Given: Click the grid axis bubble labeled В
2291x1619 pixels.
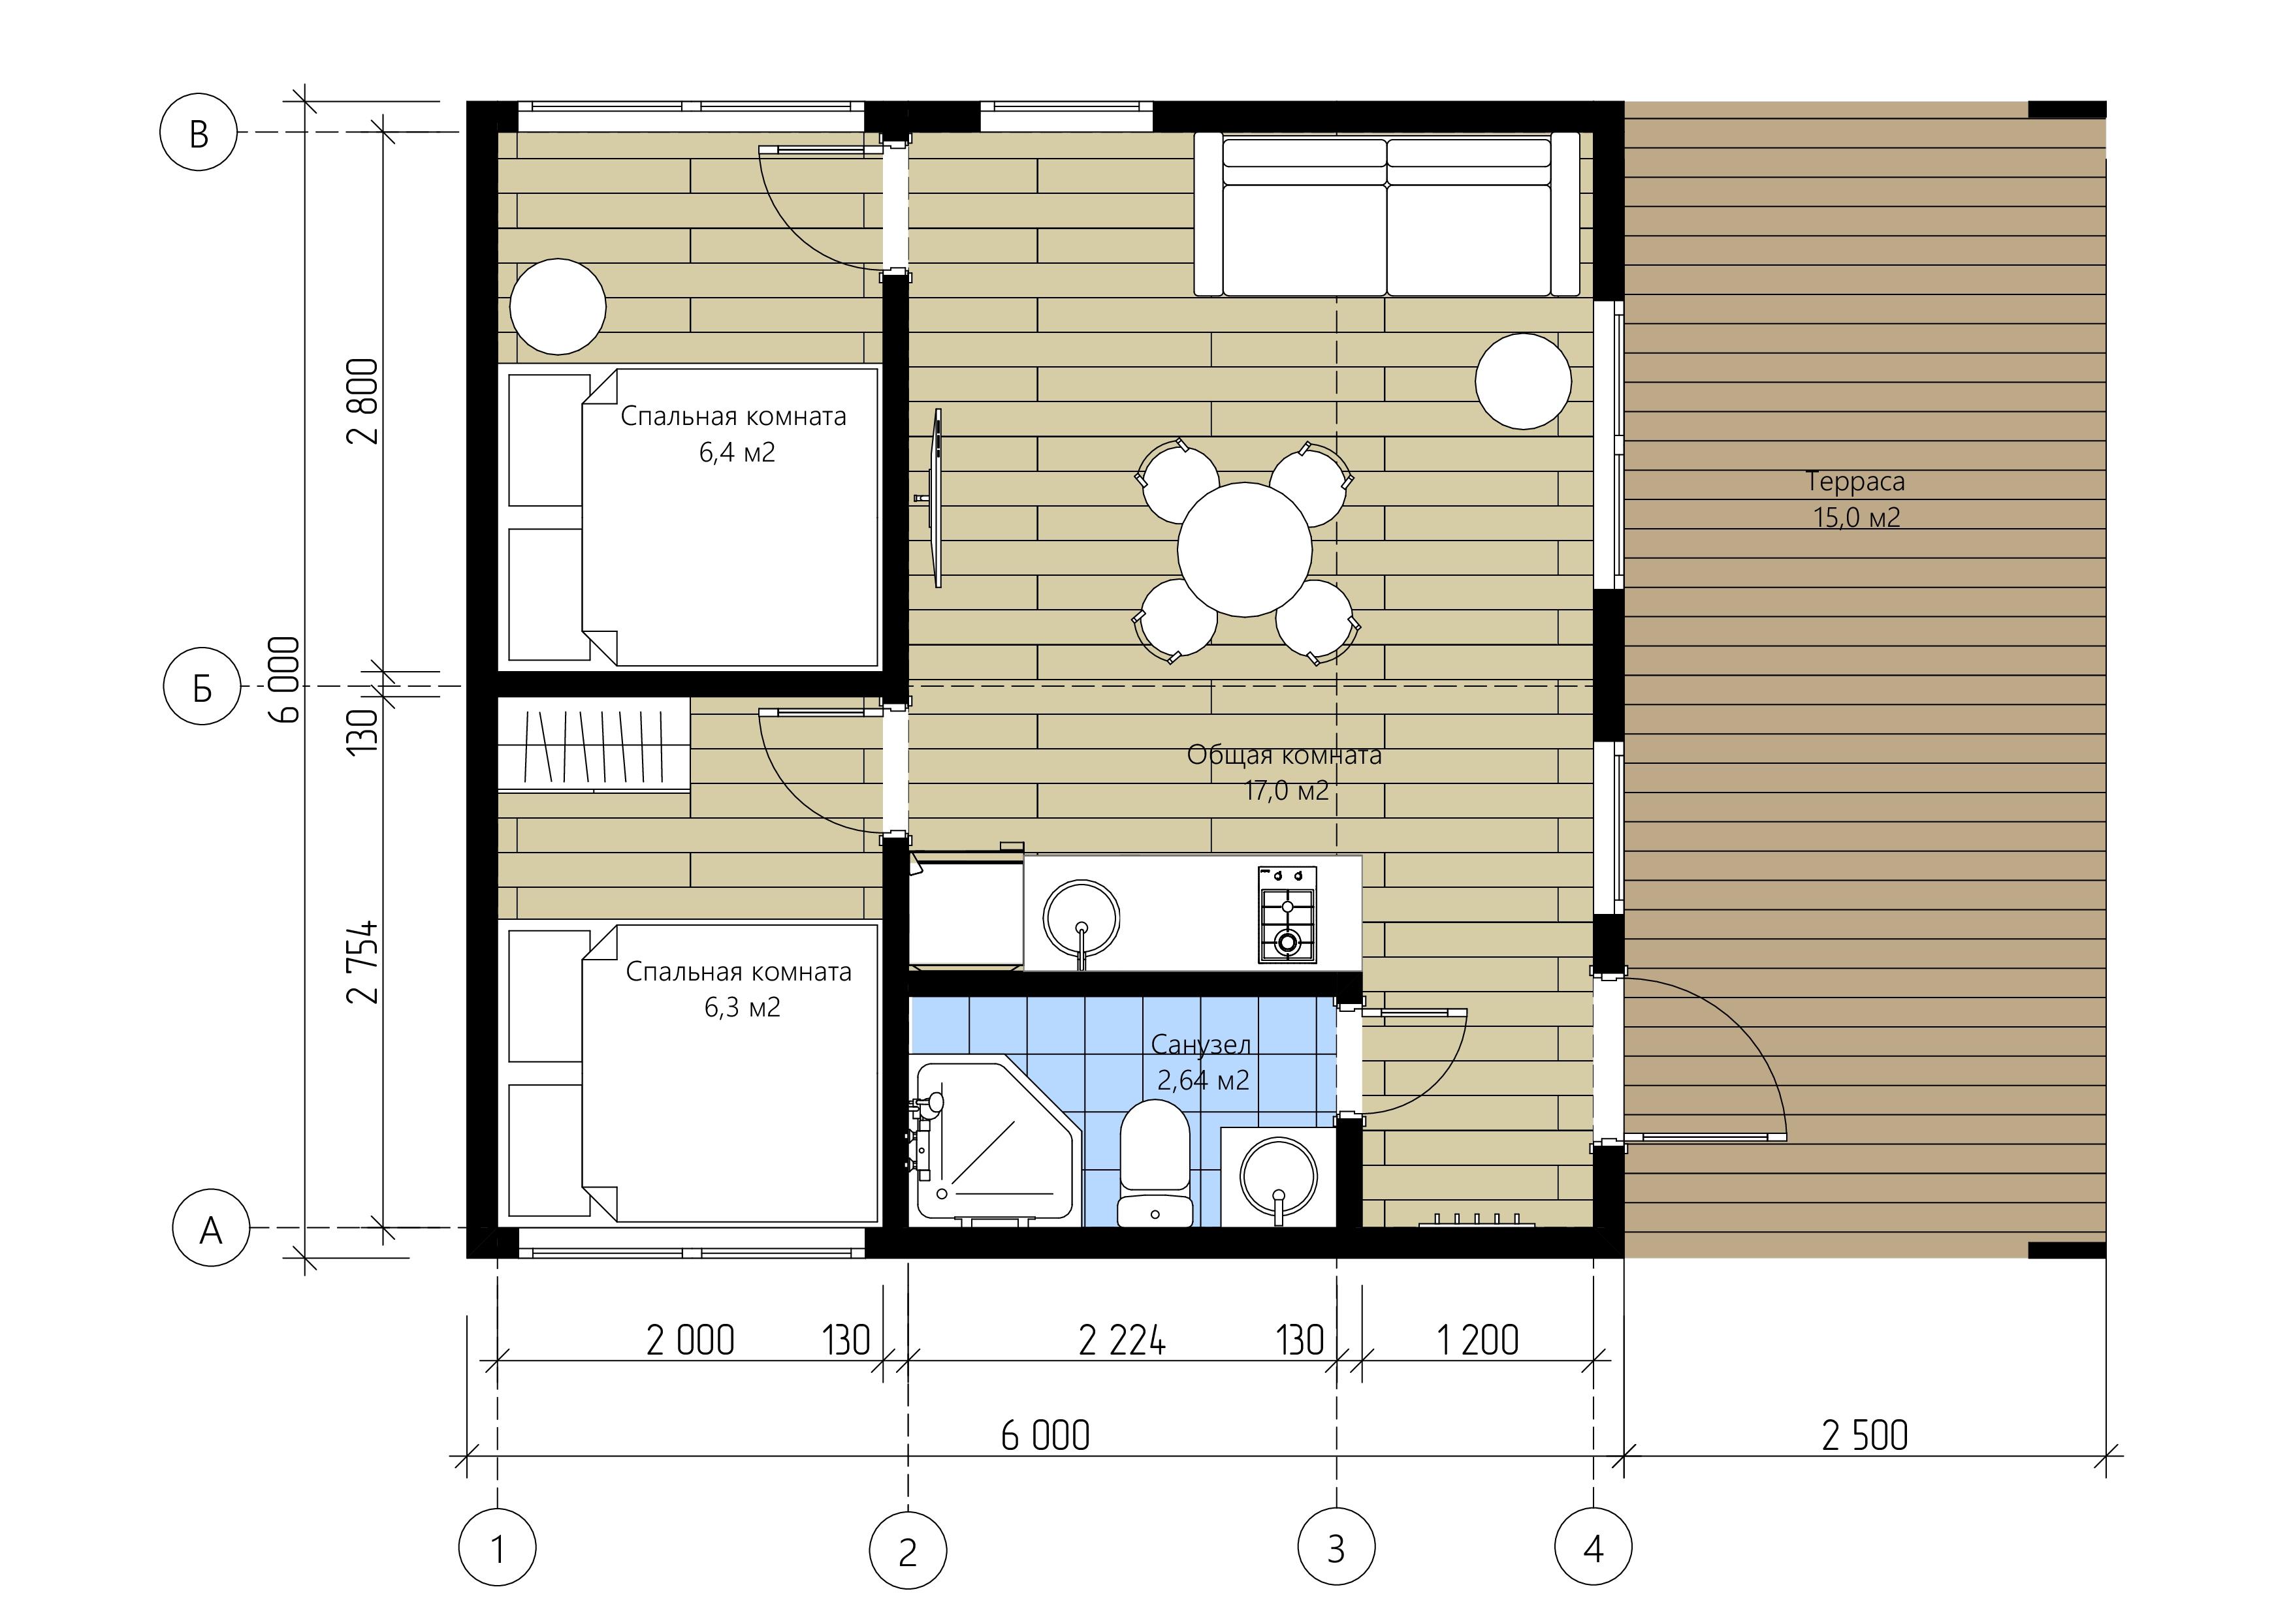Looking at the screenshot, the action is pos(199,133).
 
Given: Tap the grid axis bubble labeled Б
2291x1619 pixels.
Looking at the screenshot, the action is pos(202,686).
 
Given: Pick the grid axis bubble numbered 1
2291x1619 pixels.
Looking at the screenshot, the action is pos(497,1548).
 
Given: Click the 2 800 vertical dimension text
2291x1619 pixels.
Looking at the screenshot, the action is pos(363,401).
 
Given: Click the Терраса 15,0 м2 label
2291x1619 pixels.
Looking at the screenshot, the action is pos(1856,499).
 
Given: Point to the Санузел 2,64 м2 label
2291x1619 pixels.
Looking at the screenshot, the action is pos(1202,1062).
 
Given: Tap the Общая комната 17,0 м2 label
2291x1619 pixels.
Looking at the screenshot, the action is pos(1284,772).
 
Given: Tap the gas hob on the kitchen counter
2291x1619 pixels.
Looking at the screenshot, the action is pos(1286,915).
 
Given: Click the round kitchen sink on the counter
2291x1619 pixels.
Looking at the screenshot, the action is pos(1081,919).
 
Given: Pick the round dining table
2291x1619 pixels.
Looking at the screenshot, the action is pos(1244,550).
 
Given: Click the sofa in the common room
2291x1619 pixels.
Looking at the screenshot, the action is pos(1387,215).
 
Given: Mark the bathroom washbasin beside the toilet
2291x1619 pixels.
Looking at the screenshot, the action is pos(1278,1177).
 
